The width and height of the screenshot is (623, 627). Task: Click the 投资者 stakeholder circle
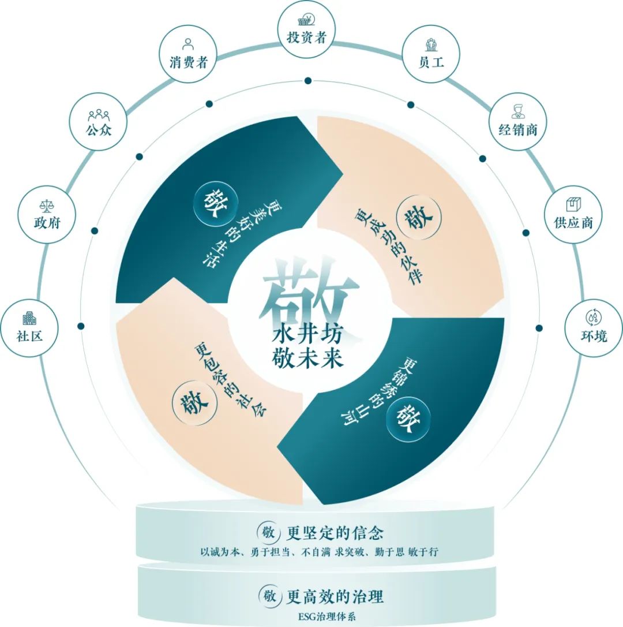(307, 31)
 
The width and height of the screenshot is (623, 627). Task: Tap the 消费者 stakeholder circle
(188, 55)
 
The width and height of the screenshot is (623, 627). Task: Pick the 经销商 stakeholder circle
(517, 121)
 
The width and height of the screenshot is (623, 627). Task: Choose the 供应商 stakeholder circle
(573, 214)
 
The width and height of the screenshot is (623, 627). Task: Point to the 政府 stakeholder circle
(47, 214)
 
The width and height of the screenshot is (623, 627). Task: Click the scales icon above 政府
(46, 206)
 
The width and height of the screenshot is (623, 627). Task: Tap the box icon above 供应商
(573, 204)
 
